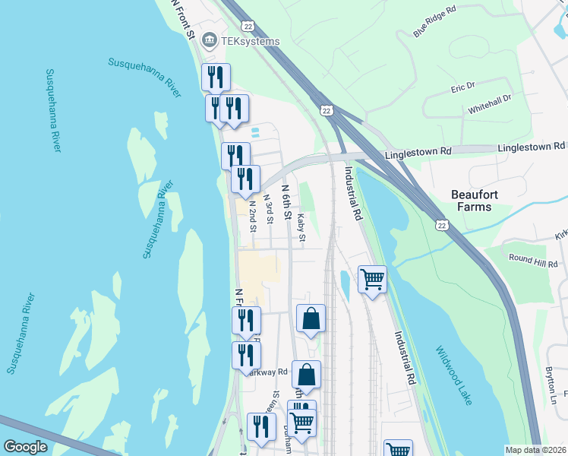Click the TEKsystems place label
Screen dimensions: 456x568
251,41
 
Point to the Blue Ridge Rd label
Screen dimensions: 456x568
434,22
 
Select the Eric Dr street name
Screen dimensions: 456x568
462,88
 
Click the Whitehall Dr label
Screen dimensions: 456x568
490,105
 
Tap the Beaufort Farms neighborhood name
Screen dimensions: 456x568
485,201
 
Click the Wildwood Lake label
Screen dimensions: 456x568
453,375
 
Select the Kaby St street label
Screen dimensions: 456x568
301,228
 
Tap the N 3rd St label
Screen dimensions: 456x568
267,210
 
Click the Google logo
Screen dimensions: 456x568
26,447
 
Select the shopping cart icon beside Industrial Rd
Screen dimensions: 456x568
372,280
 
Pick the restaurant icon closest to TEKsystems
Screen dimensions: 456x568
216,77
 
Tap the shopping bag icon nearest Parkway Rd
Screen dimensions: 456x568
306,374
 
